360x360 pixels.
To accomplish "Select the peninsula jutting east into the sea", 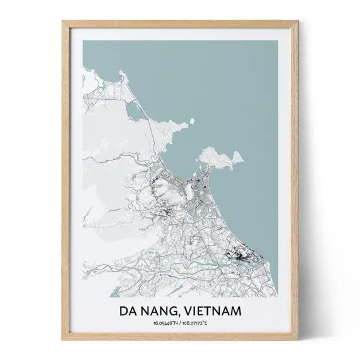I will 221,158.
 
